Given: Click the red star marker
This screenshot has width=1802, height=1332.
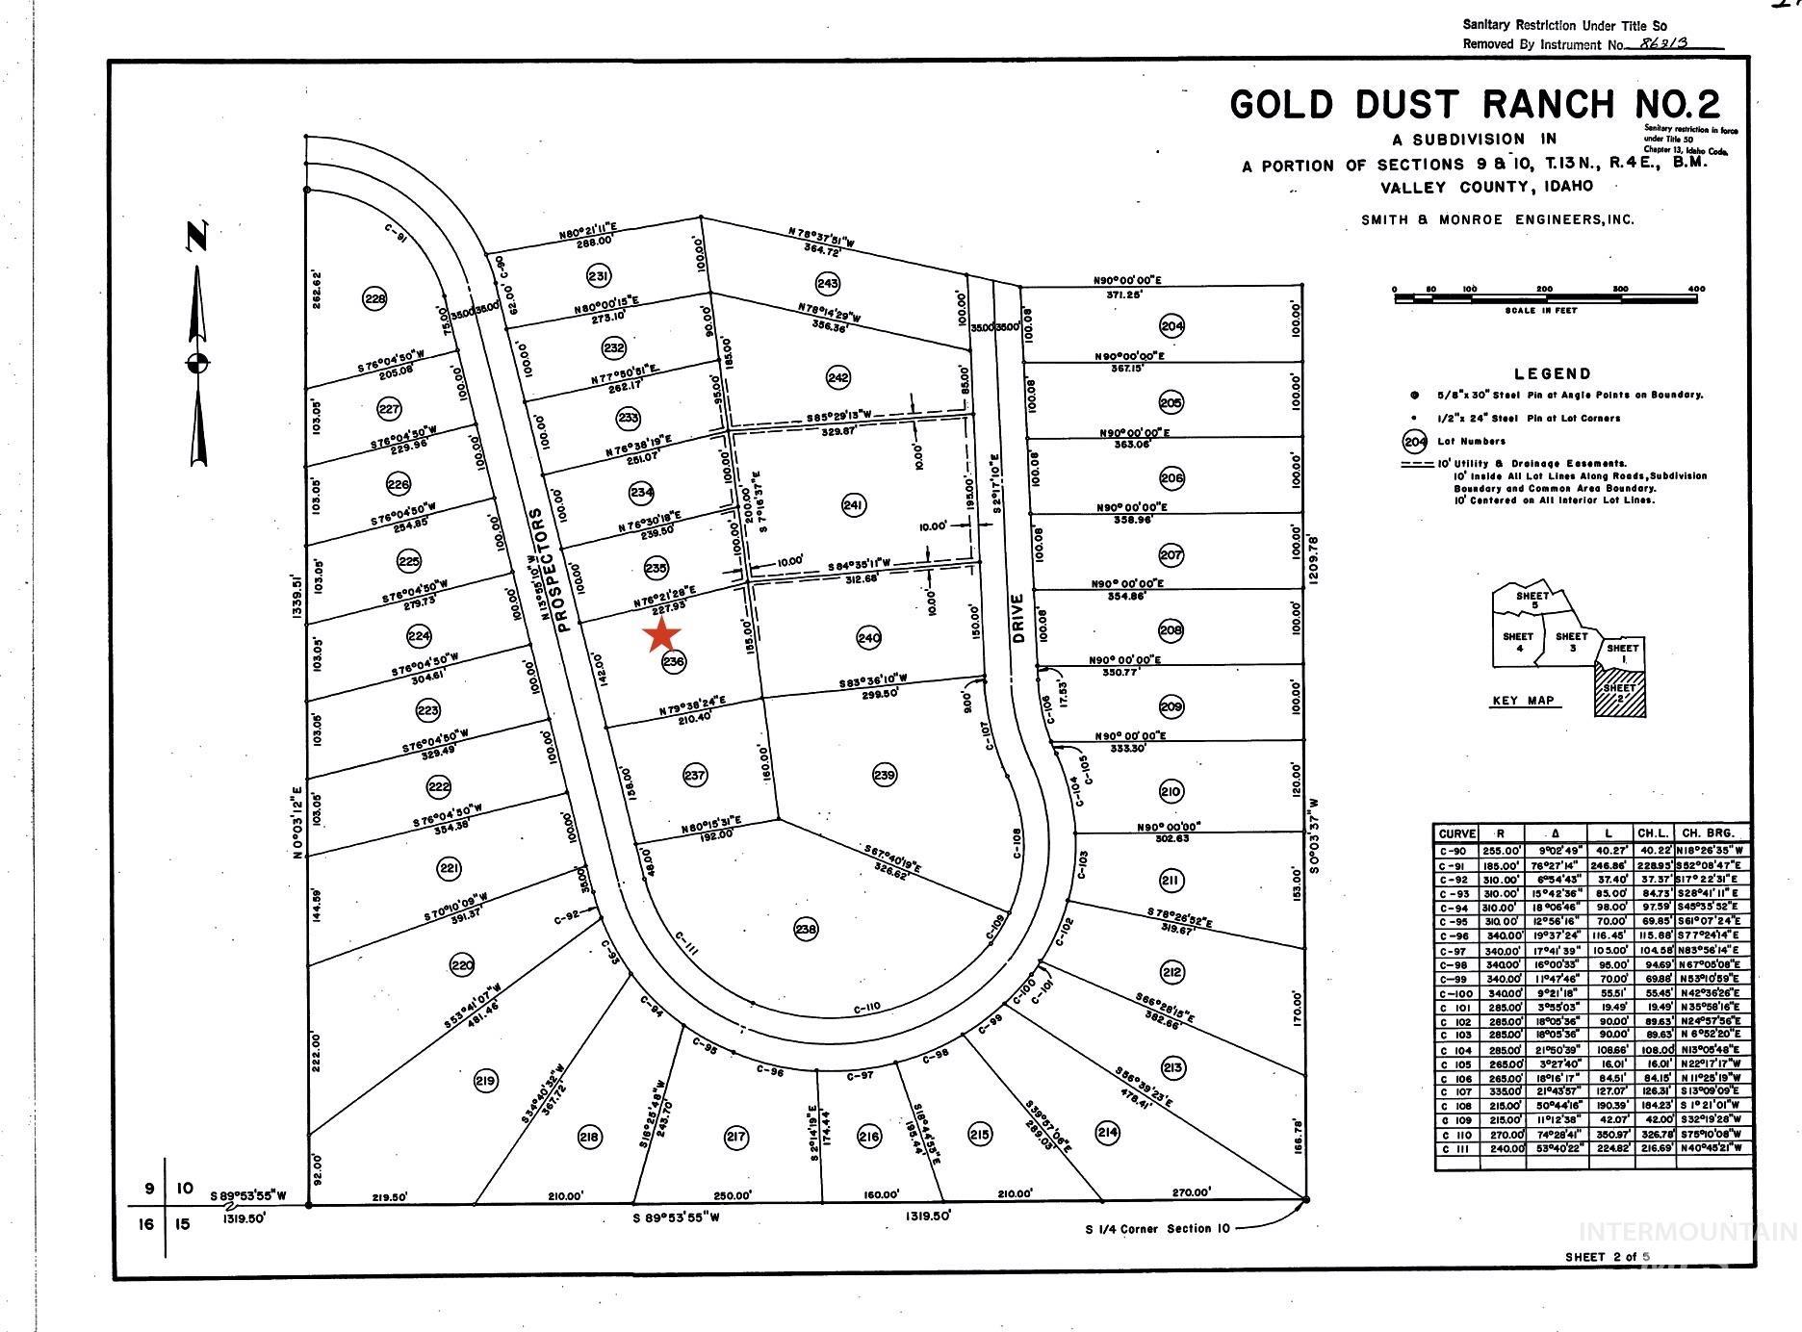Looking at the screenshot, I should [662, 634].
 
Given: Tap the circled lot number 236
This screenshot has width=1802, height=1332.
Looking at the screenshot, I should [674, 661].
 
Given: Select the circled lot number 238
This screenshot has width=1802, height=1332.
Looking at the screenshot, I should [806, 929].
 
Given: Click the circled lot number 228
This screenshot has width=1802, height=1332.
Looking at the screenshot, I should [375, 299].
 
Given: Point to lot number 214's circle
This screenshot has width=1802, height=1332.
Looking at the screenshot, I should [1108, 1132].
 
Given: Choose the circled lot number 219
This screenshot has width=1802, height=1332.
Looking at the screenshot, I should [486, 1081].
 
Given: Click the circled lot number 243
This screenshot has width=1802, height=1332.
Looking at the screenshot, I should [827, 283].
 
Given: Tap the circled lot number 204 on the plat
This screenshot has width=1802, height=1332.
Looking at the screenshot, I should [1171, 325].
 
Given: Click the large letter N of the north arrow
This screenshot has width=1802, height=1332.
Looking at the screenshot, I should [197, 236].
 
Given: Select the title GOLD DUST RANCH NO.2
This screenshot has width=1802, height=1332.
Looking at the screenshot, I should [1474, 105].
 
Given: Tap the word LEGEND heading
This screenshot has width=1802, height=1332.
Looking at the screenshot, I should [1552, 373].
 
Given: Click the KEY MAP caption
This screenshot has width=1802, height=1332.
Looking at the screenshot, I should [1523, 700].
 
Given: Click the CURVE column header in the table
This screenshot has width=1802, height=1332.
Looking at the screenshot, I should [1457, 833].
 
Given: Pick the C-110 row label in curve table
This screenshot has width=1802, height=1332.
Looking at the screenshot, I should [1455, 1136].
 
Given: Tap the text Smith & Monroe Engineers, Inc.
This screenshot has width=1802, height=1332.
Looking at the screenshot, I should [1497, 219].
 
